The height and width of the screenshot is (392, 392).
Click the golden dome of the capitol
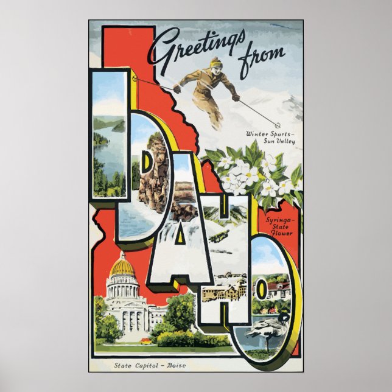click(x=122, y=265)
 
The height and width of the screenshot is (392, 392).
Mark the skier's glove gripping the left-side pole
click(x=177, y=89)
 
